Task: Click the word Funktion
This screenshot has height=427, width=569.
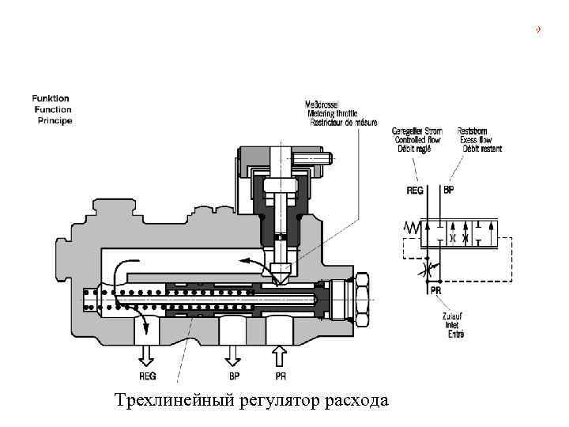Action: click(51, 98)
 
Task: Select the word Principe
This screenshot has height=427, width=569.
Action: click(55, 121)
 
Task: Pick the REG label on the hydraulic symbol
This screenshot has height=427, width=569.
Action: click(415, 191)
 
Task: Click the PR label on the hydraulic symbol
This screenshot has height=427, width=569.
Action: click(435, 290)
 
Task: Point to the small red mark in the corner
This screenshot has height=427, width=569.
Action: click(538, 30)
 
